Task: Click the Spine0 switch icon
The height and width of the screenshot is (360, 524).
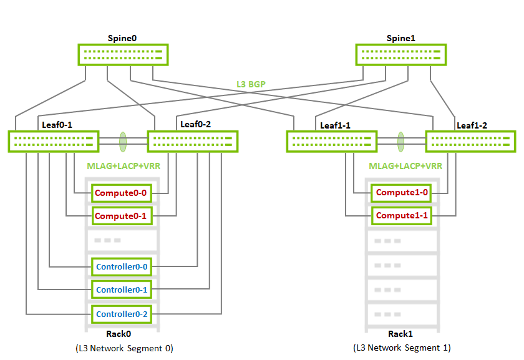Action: [x=123, y=55]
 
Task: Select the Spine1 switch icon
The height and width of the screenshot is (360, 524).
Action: [x=401, y=55]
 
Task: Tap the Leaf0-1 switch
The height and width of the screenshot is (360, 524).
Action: [x=54, y=142]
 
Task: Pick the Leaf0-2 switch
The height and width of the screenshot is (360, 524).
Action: [x=193, y=142]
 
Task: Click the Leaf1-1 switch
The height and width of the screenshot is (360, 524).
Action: [x=332, y=142]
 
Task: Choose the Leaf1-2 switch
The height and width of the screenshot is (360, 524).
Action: [x=470, y=142]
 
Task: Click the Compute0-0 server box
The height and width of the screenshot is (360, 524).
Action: [x=122, y=193]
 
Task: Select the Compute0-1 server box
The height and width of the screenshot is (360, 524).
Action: [x=122, y=216]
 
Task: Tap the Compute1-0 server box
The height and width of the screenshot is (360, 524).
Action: [x=401, y=193]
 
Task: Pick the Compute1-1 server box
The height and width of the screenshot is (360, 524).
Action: [x=401, y=216]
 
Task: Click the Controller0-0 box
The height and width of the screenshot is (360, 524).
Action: [x=122, y=267]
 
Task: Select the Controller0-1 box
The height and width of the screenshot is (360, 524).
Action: [x=122, y=289]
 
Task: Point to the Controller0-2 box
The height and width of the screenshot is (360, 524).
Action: [x=122, y=314]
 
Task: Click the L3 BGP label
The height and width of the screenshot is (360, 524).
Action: [x=251, y=84]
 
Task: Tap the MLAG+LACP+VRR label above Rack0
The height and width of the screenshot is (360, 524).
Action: [x=124, y=166]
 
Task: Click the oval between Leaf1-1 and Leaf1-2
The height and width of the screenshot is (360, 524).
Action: [x=400, y=142]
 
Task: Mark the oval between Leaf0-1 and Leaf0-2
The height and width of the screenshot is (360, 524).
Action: [x=123, y=142]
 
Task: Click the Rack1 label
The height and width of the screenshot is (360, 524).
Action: [x=400, y=334]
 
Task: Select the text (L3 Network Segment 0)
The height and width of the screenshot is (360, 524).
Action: [x=124, y=348]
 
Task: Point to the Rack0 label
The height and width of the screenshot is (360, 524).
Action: [x=119, y=334]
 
